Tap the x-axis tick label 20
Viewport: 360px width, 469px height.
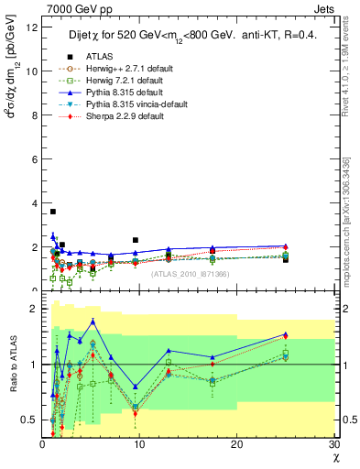click(x=236, y=445)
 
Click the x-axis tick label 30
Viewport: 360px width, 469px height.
click(x=333, y=445)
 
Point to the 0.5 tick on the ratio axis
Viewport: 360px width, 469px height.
click(x=31, y=420)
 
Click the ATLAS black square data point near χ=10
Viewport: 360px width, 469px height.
click(x=136, y=240)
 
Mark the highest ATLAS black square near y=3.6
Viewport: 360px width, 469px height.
click(x=53, y=212)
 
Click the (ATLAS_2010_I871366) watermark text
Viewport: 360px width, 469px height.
click(x=190, y=273)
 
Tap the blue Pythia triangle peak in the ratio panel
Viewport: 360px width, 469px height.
click(x=93, y=321)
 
